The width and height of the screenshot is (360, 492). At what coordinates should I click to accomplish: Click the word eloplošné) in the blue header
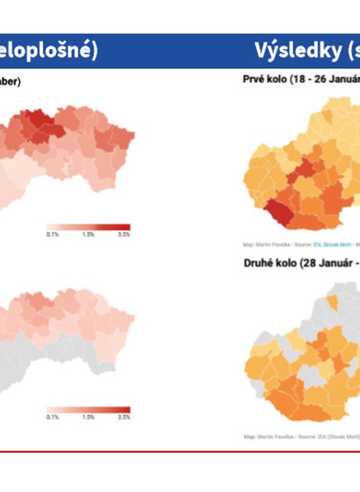click(x=48, y=51)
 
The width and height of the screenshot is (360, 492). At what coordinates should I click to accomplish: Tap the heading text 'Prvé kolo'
click(x=265, y=78)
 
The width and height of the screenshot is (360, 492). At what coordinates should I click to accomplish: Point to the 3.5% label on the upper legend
click(x=124, y=235)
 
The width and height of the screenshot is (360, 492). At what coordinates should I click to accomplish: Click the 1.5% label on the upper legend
click(x=88, y=235)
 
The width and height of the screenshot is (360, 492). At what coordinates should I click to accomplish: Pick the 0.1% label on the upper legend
click(x=52, y=235)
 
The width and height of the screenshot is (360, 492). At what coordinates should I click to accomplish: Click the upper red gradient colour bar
click(x=88, y=227)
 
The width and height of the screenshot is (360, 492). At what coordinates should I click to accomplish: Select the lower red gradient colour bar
click(x=88, y=410)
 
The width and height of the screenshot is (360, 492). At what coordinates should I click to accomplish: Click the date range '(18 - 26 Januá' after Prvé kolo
click(x=324, y=78)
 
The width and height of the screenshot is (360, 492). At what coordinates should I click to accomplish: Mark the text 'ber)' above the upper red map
click(x=11, y=81)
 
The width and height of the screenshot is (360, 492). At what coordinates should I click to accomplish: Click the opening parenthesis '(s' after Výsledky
click(x=352, y=51)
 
